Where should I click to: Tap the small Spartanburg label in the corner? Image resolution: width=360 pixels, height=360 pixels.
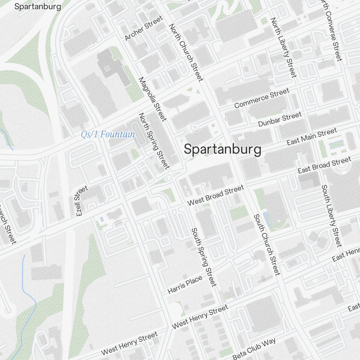(x=37, y=6)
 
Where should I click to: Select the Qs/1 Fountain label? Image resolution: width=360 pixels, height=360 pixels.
(x=108, y=135)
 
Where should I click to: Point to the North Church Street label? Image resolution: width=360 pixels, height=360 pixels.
(x=186, y=53)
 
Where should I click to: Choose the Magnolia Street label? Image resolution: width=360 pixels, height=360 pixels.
(x=153, y=99)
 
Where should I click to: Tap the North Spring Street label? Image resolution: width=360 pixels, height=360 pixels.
(x=154, y=141)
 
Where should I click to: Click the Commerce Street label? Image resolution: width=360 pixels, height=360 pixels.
(x=262, y=98)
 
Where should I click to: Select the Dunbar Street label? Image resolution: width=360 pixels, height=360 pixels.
(x=280, y=119)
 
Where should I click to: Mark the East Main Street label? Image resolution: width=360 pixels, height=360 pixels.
(x=312, y=137)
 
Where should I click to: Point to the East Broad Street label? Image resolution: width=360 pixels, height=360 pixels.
(x=324, y=165)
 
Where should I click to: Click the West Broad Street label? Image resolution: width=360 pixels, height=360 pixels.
(x=216, y=195)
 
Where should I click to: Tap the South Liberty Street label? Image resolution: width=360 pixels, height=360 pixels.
(x=330, y=216)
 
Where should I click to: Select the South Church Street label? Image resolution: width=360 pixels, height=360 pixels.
(x=266, y=244)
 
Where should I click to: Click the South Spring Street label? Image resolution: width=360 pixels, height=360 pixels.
(x=204, y=257)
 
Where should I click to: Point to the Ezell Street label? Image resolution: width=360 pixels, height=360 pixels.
(x=82, y=201)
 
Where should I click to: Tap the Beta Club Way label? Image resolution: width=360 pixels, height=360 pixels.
(x=254, y=348)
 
